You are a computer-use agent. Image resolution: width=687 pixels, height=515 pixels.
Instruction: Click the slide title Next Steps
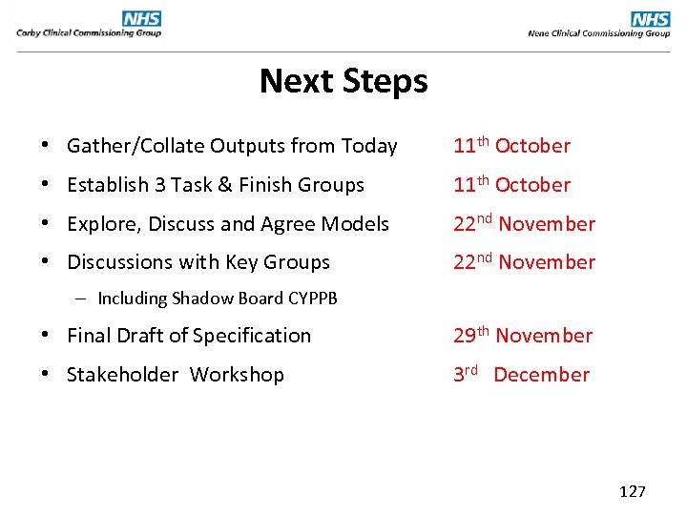click(343, 81)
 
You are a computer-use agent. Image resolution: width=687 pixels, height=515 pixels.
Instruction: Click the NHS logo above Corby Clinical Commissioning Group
click(141, 18)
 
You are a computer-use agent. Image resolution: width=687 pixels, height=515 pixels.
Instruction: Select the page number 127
click(633, 491)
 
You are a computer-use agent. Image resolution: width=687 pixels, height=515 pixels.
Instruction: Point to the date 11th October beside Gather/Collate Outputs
click(511, 146)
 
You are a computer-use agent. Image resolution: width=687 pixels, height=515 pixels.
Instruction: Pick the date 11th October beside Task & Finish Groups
click(511, 185)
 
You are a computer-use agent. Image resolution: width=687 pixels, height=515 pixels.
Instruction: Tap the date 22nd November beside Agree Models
click(524, 224)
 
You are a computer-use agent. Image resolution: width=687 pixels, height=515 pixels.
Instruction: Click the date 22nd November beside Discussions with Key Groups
click(524, 262)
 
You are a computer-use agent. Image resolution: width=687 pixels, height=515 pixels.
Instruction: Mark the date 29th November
click(523, 336)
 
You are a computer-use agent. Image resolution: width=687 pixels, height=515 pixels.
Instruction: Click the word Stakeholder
click(122, 375)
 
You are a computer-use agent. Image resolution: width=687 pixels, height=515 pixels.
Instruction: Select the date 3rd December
click(521, 375)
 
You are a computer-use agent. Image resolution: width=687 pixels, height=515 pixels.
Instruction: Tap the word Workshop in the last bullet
click(237, 375)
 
